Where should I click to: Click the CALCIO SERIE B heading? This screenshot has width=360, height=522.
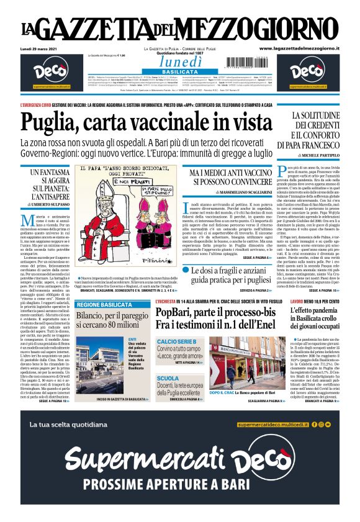pyautogui.click(x=178, y=342)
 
